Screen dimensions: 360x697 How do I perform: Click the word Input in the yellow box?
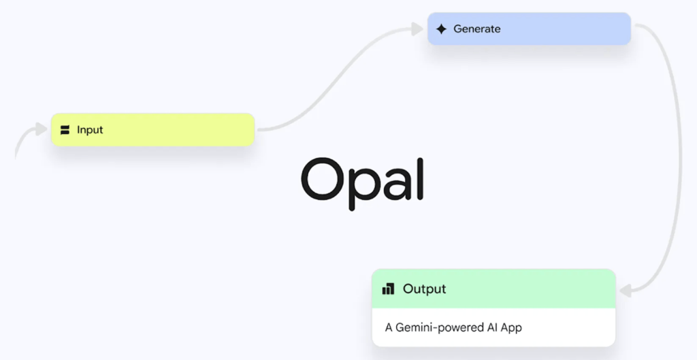[x=90, y=129]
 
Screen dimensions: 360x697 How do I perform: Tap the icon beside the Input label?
[x=65, y=130]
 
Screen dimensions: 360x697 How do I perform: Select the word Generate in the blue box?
[x=476, y=29]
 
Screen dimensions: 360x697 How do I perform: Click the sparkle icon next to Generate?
[x=441, y=29]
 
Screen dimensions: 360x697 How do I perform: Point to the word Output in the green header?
[x=424, y=289]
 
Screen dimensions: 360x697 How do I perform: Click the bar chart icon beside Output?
[x=388, y=289]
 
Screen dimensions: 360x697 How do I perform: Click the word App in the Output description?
[x=510, y=327]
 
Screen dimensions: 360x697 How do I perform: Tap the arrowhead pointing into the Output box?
[x=626, y=291]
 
